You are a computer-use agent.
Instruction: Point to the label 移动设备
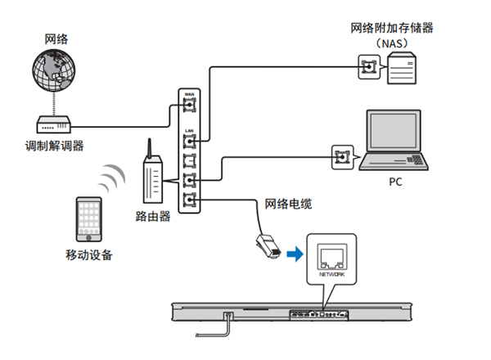pos(89,254)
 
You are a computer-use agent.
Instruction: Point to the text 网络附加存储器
pos(392,28)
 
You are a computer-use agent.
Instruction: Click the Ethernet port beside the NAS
pos(369,65)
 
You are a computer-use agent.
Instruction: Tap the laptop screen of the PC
pos(395,133)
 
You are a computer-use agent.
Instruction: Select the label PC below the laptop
pos(395,182)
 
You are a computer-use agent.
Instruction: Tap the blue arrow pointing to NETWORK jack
pos(294,255)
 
